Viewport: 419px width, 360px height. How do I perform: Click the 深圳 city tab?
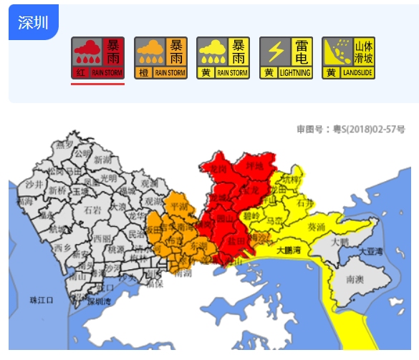[x=33, y=22]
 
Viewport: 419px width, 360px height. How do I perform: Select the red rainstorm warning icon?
[x=97, y=58]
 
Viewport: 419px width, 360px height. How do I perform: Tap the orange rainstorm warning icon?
[x=160, y=58]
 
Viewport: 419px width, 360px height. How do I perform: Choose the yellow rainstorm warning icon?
[x=223, y=58]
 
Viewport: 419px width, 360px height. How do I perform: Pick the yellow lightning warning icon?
[x=286, y=58]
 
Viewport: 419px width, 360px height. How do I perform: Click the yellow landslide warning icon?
[x=349, y=58]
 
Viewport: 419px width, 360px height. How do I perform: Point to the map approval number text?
[x=351, y=129]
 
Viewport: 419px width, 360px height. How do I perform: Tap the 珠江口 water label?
[x=42, y=299]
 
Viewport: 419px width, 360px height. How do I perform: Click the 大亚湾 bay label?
[x=372, y=251]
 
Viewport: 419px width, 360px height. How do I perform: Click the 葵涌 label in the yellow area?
[x=315, y=227]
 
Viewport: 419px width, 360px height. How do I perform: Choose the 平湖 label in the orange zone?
[x=178, y=207]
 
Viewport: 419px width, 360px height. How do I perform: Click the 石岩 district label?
[x=93, y=210]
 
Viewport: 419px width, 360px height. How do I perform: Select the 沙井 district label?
[x=34, y=184]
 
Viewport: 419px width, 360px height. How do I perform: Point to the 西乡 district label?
[x=62, y=247]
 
